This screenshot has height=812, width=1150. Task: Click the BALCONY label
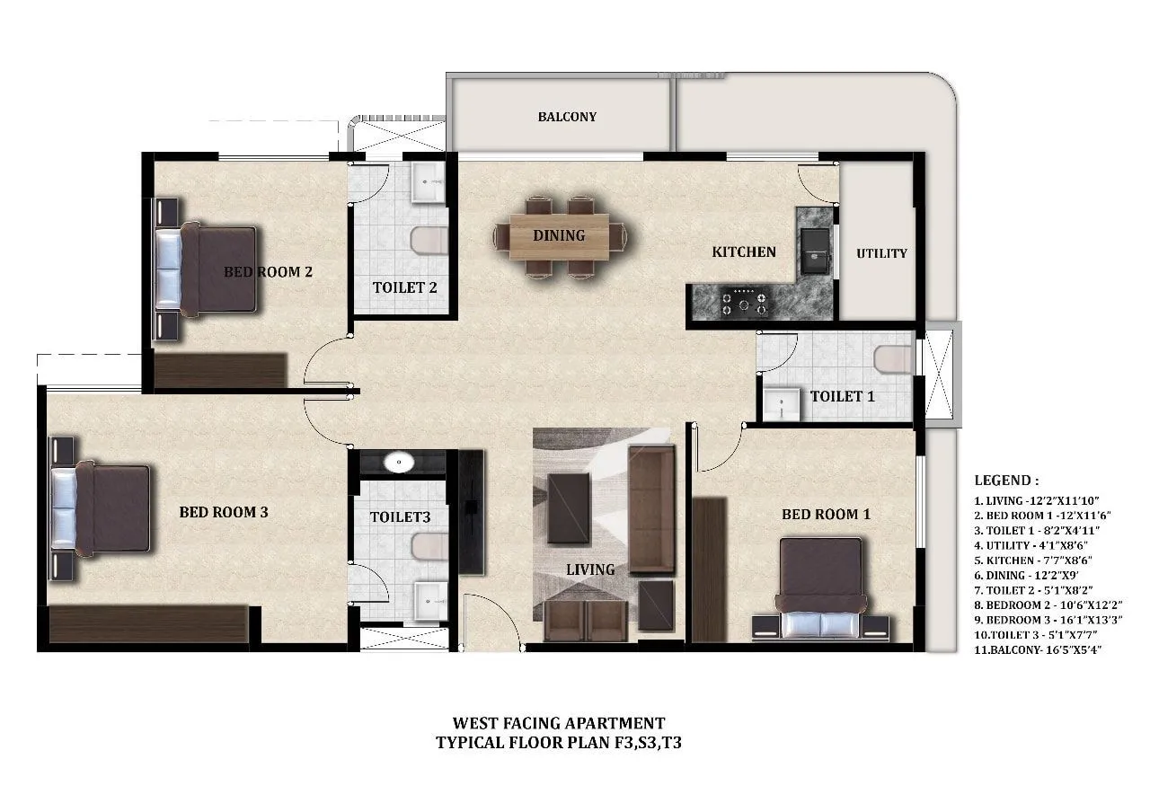[x=567, y=117]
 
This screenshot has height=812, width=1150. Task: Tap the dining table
[x=559, y=236]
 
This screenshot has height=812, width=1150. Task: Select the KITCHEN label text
[x=743, y=252]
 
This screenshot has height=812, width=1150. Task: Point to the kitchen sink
[x=817, y=249]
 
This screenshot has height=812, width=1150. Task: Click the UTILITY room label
[x=881, y=253]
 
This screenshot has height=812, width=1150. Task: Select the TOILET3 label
[x=400, y=517]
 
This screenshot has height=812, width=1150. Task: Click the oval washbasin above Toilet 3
[x=398, y=463]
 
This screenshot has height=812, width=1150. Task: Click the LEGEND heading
[x=1006, y=481]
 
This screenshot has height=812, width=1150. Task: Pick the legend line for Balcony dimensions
[x=1038, y=649]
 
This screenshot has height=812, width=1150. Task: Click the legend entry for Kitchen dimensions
[x=1031, y=560]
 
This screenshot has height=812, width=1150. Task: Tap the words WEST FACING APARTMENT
[x=558, y=723]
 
